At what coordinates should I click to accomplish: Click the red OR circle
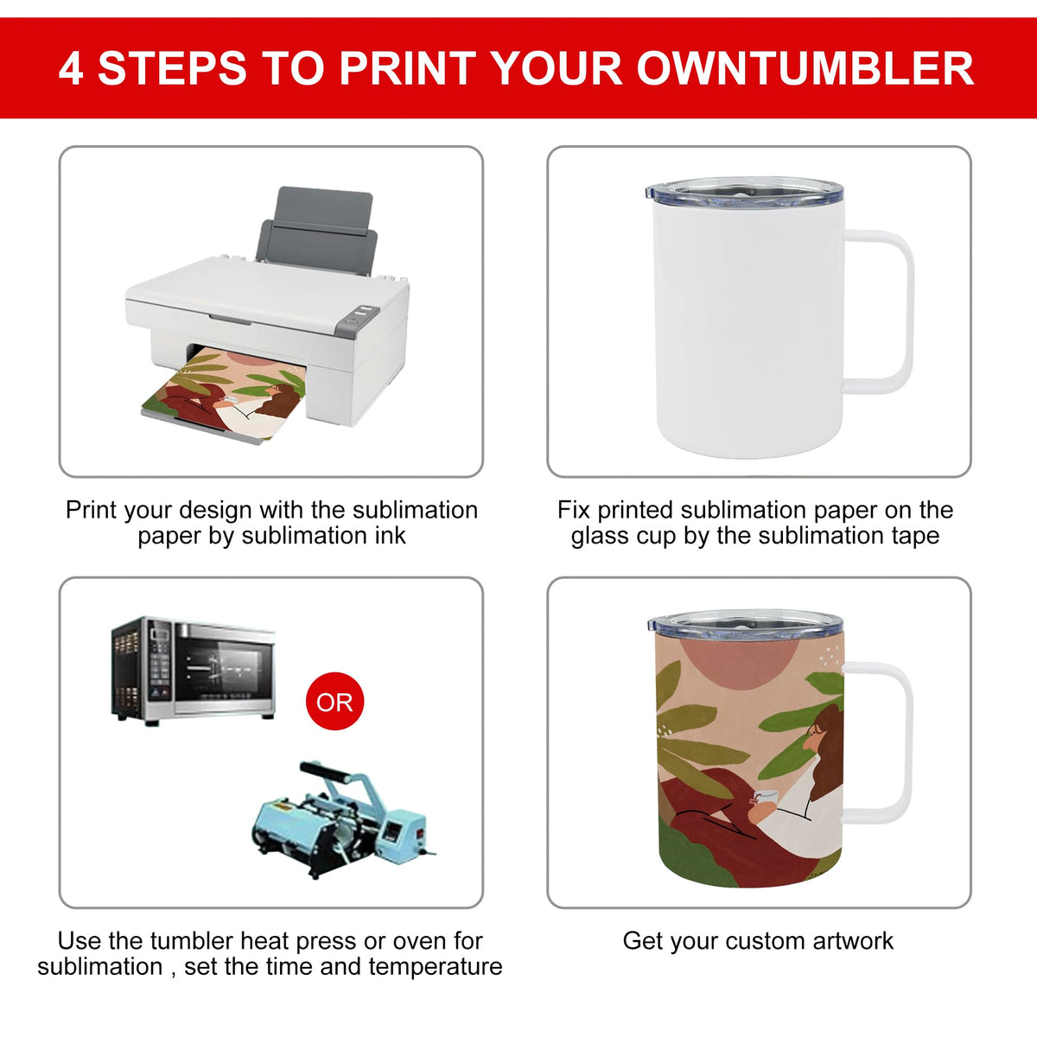(x=334, y=701)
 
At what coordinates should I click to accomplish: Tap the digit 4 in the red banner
(x=71, y=68)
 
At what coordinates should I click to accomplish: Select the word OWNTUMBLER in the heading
(x=805, y=68)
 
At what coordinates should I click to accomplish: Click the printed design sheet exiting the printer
(x=225, y=394)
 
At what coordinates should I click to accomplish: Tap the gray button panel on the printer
(x=357, y=321)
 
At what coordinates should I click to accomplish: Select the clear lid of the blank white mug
(x=745, y=193)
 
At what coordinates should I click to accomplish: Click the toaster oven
(x=194, y=671)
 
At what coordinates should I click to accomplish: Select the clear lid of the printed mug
(x=745, y=626)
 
